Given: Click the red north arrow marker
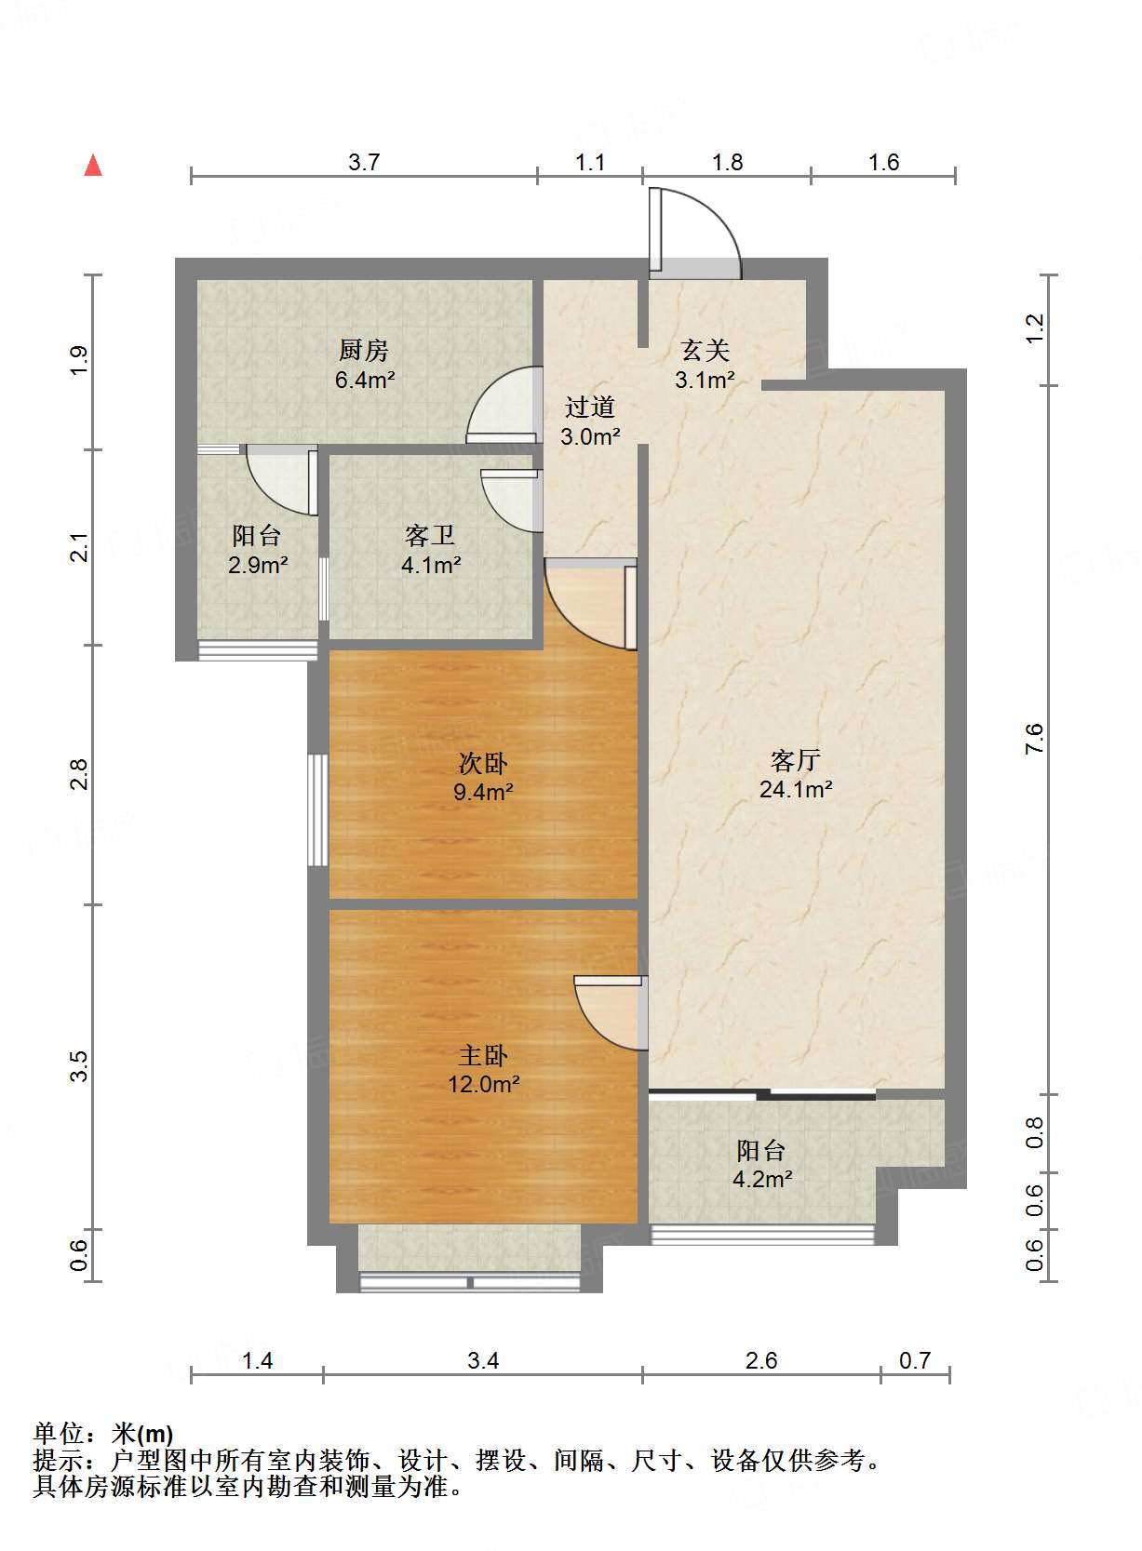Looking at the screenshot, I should pos(93,165).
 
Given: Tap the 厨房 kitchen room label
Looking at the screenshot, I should pos(363,351).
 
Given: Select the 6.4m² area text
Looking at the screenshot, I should pos(365,380).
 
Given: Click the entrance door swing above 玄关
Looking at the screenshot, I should pos(696,233).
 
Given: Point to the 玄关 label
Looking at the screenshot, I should pos(705,351).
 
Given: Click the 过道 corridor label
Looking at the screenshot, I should pos(590,408).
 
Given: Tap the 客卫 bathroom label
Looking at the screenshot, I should pos(430,536).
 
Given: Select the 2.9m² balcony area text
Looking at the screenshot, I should pos(258,565).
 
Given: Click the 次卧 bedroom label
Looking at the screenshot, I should pos(483,764).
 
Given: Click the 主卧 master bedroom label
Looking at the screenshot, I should pos(483,1056).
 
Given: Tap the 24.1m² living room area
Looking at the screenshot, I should pos(796,790).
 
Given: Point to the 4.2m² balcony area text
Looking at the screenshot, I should pos(762,1180).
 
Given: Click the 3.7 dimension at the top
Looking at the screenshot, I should pos(364,163).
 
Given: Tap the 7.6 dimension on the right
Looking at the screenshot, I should pos(1035,739).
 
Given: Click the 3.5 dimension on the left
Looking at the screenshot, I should pos(80,1065).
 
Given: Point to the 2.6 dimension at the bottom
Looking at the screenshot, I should pos(761,1361).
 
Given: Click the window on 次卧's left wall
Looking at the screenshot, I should pos(318,809).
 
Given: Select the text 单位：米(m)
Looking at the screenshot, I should pos(103,1434).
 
